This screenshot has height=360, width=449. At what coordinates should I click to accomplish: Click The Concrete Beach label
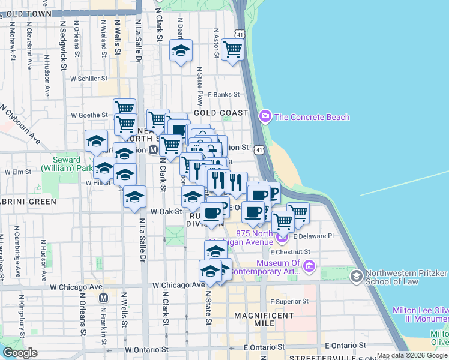point(312,117)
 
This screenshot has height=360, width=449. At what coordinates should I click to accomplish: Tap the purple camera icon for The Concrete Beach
point(265,116)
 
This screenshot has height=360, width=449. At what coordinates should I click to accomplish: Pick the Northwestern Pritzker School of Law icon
point(357,275)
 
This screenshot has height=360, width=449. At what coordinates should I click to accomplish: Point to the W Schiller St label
point(88,79)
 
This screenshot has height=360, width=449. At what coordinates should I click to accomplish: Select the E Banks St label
point(223,95)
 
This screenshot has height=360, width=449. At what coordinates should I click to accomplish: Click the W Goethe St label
point(88,115)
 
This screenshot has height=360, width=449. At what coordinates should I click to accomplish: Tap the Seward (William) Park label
point(62,164)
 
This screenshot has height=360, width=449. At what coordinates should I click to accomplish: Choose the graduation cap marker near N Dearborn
point(180,51)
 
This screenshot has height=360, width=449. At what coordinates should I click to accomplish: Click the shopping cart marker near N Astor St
point(232,50)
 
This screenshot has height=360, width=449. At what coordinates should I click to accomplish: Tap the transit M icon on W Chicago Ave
point(104,298)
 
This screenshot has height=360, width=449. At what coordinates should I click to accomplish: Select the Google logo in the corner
point(20,353)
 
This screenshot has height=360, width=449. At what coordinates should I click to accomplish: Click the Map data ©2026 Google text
point(412,356)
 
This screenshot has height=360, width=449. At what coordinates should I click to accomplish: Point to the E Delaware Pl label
point(313,236)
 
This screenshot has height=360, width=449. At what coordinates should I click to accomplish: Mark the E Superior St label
point(289,302)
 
